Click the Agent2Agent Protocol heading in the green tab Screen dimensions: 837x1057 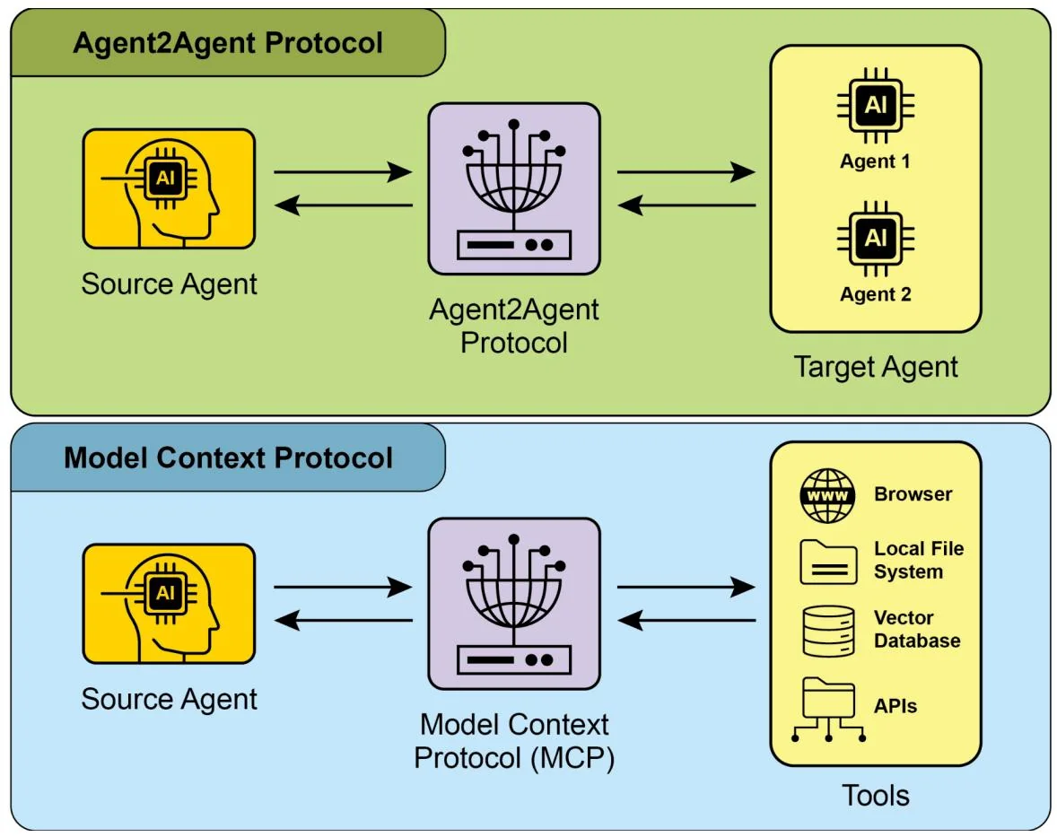click(x=228, y=43)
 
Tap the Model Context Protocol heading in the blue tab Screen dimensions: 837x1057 click(x=228, y=458)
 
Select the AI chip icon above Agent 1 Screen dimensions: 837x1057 click(x=875, y=107)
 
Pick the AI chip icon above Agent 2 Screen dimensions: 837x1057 click(x=875, y=239)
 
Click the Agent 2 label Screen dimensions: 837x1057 click(x=875, y=294)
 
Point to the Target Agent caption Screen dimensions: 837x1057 click(x=876, y=366)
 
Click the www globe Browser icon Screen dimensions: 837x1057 click(x=828, y=495)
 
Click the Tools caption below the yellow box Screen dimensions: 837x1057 click(x=876, y=796)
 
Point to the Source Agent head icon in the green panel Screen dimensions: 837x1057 click(x=169, y=188)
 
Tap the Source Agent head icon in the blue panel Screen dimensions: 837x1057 click(x=169, y=604)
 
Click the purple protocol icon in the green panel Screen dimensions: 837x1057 click(x=513, y=188)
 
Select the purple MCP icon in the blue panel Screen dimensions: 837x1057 click(x=513, y=604)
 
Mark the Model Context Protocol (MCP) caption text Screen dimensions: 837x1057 click(x=513, y=741)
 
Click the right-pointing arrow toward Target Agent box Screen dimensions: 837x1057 click(x=686, y=172)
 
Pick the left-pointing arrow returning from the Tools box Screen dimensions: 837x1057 click(x=686, y=620)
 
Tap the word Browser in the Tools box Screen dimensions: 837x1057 click(x=913, y=494)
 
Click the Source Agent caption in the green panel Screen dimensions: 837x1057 click(x=169, y=284)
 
